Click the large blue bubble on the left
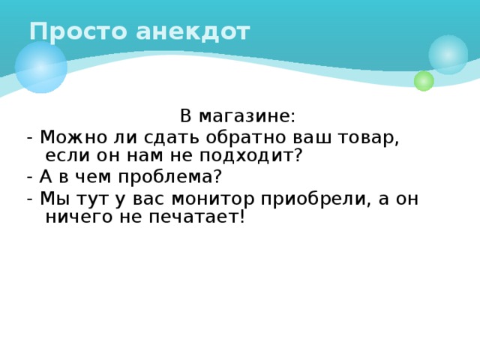pos(40,67)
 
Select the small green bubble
pos(424,81)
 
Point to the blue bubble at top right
pos(448,54)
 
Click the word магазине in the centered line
pos(247,117)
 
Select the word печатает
pos(192,217)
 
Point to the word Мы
pos(53,198)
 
